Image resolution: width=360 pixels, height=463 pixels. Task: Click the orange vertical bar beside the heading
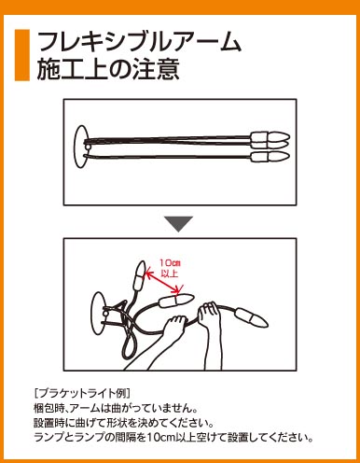point(22,55)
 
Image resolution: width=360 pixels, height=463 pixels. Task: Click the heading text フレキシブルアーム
point(139,42)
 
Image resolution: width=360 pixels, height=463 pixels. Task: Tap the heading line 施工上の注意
point(108,69)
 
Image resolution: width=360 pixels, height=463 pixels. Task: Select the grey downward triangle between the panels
point(179,224)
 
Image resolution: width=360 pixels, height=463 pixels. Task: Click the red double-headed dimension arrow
point(162,282)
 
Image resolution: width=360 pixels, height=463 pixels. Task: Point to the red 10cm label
point(170,263)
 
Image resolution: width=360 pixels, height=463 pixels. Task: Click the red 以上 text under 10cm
point(170,274)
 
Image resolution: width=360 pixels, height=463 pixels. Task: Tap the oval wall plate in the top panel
point(80,147)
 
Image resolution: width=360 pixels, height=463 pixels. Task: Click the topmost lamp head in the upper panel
point(270,136)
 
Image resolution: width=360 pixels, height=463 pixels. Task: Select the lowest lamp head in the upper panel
point(270,157)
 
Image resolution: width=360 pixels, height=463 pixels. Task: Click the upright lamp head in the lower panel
point(139,276)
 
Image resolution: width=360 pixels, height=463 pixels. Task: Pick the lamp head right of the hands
point(252,317)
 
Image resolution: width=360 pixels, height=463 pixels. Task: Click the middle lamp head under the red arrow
point(176,300)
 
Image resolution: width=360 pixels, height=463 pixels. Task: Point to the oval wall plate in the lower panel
point(98,314)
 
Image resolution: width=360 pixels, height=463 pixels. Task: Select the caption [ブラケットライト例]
point(82,393)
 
